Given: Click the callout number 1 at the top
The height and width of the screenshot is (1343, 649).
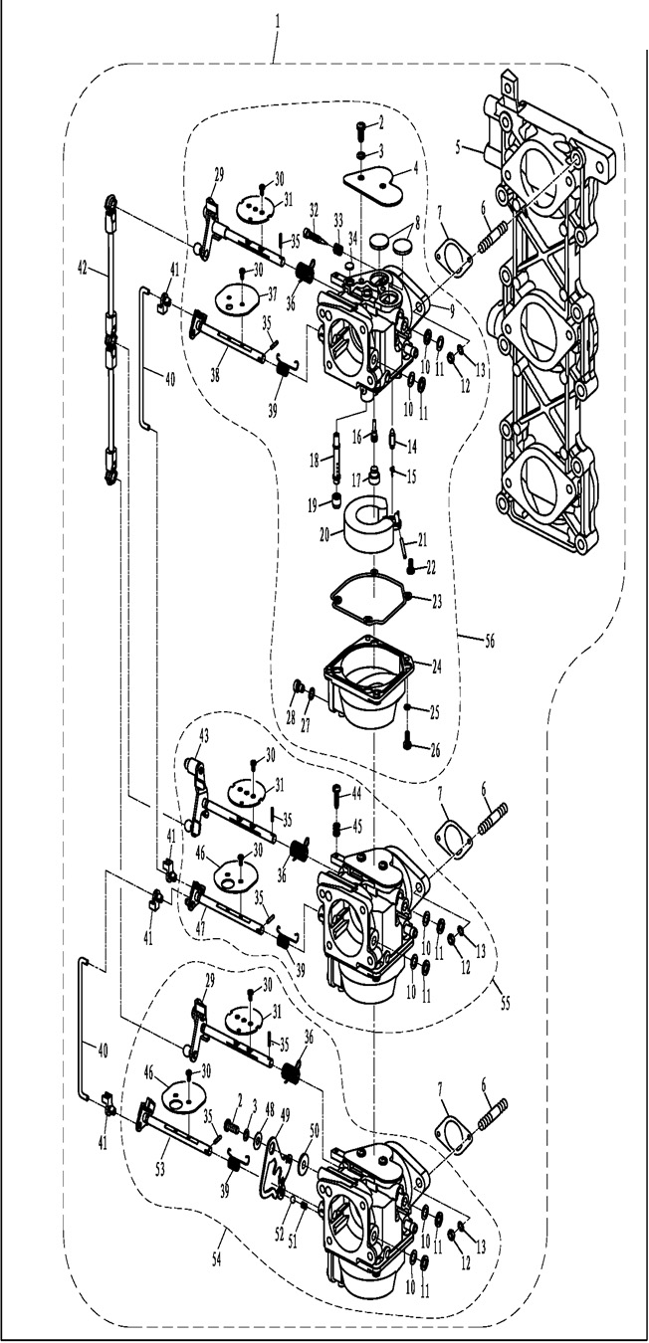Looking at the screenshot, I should [277, 18].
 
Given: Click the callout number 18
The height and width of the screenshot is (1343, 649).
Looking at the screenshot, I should [315, 460].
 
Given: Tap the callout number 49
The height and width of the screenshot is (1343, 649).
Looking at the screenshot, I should [285, 1114].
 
